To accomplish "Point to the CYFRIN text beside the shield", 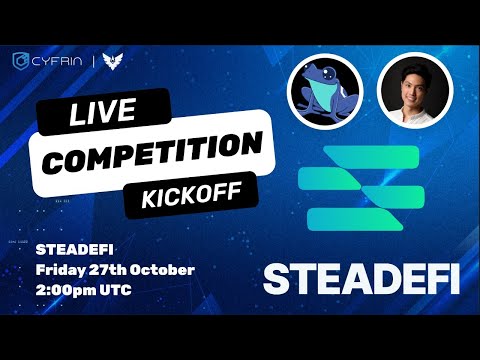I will coord(58,62).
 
